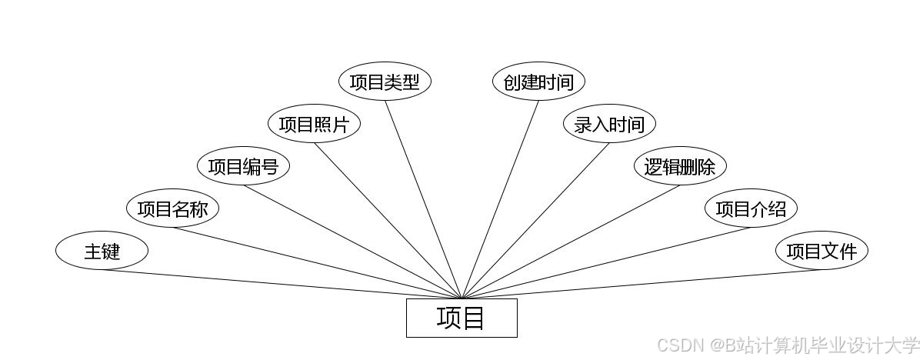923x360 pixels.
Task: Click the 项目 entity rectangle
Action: (461, 318)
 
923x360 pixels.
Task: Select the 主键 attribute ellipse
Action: (102, 251)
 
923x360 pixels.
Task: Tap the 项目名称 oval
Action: (172, 208)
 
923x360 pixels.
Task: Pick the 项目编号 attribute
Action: (243, 166)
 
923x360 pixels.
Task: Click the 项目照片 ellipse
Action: (314, 124)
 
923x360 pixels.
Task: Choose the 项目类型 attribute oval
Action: (385, 82)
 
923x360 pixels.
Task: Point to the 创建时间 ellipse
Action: (538, 82)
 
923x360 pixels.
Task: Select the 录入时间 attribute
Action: (609, 124)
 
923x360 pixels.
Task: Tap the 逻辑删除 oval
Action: (680, 166)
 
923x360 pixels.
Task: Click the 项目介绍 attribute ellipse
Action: (751, 208)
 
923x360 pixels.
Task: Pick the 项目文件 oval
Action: (821, 251)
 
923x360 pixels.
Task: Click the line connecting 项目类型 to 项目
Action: (423, 199)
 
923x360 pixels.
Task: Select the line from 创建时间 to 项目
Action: (500, 199)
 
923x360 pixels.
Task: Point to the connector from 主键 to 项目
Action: (282, 284)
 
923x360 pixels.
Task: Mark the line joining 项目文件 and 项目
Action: (641, 284)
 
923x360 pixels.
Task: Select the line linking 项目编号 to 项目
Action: (352, 242)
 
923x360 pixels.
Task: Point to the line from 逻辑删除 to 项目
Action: (571, 242)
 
